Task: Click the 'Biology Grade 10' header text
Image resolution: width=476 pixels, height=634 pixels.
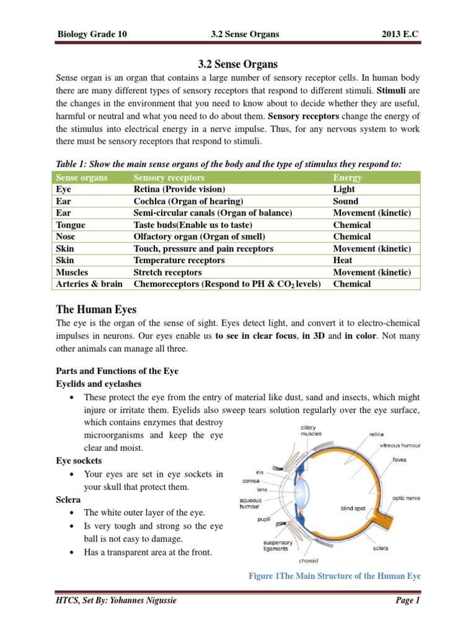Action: [92, 34]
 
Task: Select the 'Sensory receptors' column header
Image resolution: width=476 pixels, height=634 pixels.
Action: [169, 178]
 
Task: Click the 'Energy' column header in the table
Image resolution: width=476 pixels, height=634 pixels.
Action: [347, 178]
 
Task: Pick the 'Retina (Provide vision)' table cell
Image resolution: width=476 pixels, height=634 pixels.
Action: [180, 189]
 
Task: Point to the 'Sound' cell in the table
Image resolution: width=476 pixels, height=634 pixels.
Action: [346, 201]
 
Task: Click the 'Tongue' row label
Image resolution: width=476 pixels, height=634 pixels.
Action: [71, 225]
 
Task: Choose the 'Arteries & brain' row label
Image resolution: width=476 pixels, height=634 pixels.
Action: [89, 284]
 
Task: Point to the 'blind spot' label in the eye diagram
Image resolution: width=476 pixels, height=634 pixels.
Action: [356, 508]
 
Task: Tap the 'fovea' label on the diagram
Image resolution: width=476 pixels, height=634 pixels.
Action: [400, 460]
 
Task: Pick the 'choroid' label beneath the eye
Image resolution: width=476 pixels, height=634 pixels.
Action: [308, 560]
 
